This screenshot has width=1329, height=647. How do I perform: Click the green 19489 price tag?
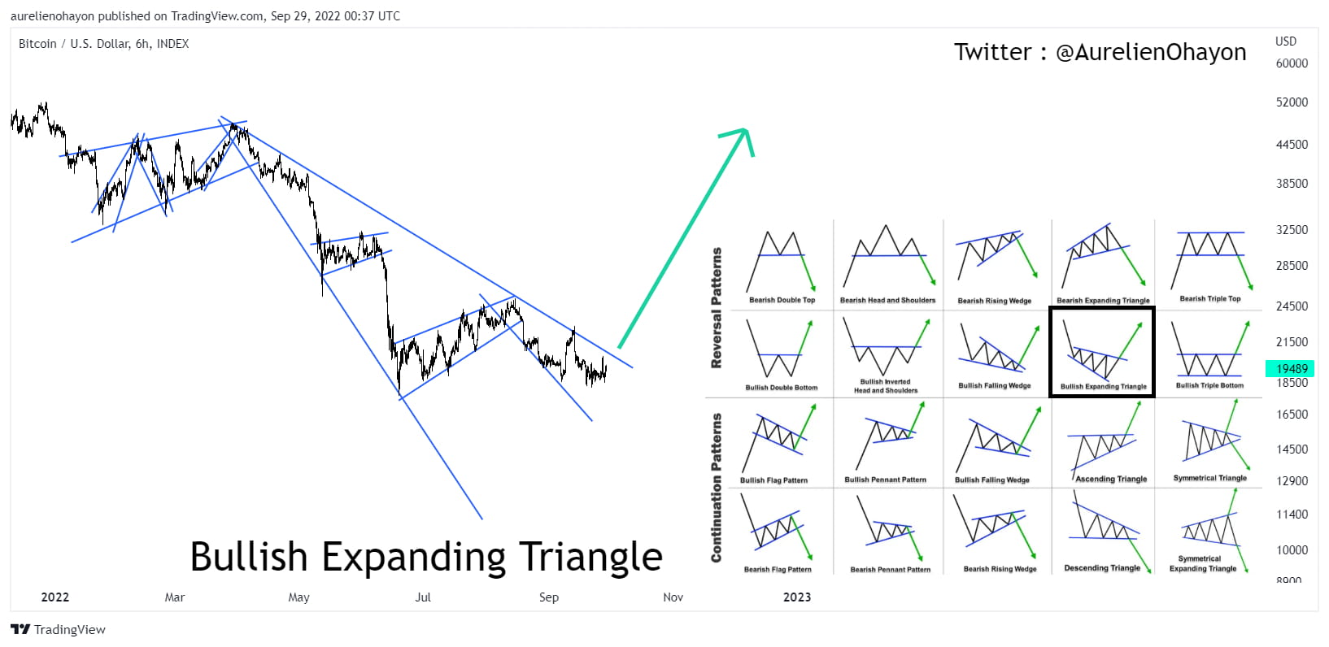(1291, 368)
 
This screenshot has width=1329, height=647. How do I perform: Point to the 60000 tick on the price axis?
(1292, 63)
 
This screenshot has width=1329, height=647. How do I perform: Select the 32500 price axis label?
(1292, 230)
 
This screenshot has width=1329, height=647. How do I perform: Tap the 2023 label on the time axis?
(796, 597)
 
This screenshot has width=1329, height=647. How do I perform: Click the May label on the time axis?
(298, 597)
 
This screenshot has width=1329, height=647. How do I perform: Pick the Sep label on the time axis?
(549, 597)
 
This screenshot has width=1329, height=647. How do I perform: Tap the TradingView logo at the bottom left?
(58, 629)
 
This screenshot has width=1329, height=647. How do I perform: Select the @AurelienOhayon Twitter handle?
(1150, 52)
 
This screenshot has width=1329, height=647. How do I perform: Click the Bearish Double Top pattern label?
(782, 300)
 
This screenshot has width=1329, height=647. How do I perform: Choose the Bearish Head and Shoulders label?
(887, 300)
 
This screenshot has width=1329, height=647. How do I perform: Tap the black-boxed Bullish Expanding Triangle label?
(1103, 387)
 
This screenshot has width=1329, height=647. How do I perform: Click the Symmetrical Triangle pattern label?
(1209, 478)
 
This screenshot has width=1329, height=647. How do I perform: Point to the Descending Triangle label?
(1102, 568)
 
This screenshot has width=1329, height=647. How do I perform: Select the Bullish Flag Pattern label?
(773, 480)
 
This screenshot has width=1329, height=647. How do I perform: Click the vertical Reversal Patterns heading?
(717, 308)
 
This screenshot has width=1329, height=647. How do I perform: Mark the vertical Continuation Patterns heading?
(717, 487)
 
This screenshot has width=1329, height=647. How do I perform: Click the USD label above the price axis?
(1286, 41)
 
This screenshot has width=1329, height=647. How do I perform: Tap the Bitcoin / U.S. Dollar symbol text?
(103, 44)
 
